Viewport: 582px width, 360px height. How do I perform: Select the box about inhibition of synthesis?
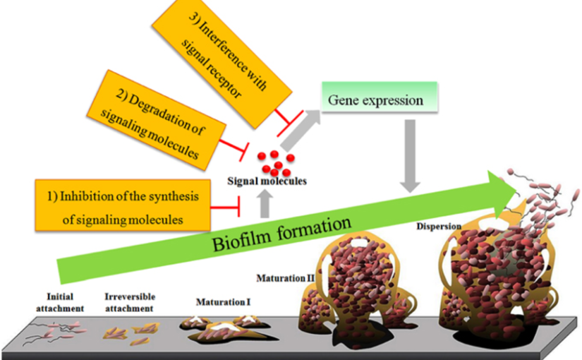(122, 205)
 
